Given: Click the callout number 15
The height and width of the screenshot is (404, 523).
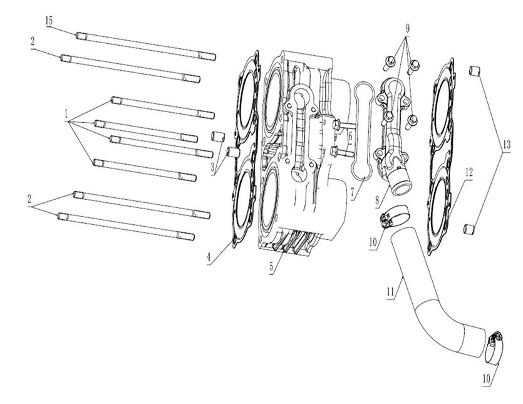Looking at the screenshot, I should (48, 21).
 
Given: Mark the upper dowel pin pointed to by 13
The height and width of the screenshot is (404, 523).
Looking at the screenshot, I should (475, 71).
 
